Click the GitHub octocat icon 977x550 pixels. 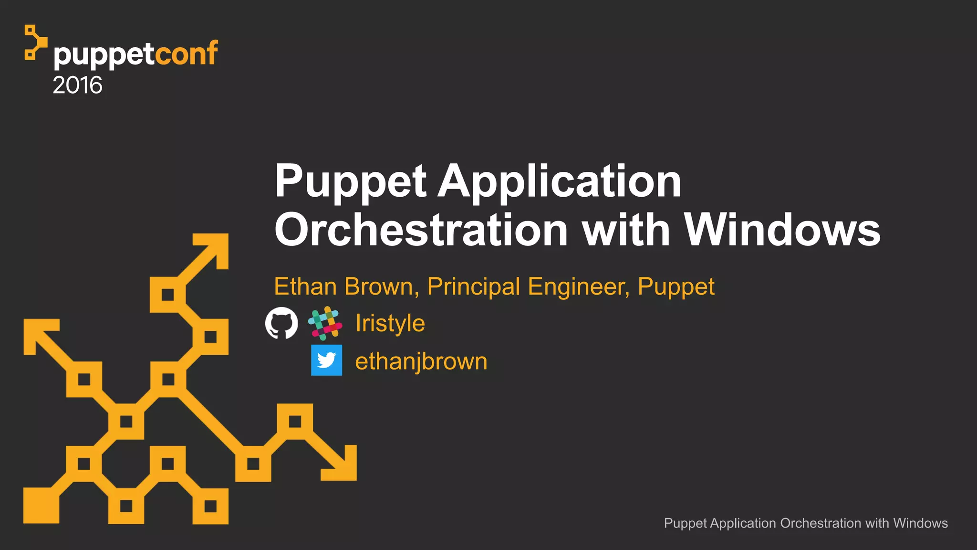(x=281, y=323)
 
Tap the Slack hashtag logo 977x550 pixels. (x=325, y=323)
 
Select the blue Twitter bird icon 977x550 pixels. (x=327, y=360)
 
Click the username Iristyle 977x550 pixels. (x=390, y=323)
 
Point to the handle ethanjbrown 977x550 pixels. (x=421, y=361)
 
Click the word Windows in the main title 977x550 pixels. (x=782, y=230)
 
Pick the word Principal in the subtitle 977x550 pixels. (x=473, y=287)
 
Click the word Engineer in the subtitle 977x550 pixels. (x=578, y=287)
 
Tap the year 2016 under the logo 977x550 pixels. (x=77, y=85)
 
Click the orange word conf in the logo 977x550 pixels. (x=187, y=53)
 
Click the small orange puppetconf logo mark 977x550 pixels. (x=34, y=42)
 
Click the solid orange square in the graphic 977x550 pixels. (x=41, y=506)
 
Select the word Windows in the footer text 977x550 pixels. (x=920, y=523)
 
